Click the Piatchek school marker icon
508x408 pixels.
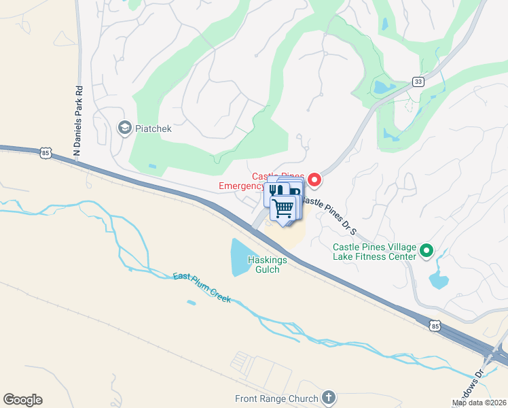(124, 128)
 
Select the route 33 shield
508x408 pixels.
(418, 82)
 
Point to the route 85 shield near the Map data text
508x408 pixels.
(435, 327)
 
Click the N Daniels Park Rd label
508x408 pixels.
(78, 122)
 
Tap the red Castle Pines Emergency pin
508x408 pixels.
(314, 180)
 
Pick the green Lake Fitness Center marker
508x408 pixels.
(427, 251)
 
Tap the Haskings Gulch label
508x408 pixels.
(268, 265)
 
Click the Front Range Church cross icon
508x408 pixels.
(329, 397)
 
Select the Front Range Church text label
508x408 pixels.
(276, 399)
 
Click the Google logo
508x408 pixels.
(22, 400)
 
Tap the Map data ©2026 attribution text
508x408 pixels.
(479, 403)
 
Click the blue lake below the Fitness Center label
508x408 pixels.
(438, 279)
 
